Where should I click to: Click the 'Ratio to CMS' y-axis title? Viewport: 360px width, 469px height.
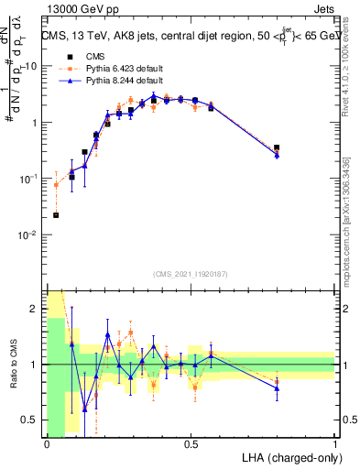13,365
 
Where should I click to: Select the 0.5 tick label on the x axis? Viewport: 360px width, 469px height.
191,443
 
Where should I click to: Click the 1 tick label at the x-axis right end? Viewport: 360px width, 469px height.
334,443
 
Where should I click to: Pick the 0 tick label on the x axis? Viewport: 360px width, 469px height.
47,443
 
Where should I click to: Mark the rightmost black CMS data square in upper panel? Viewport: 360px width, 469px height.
277,147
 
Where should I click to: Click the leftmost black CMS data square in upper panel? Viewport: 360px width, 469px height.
56,215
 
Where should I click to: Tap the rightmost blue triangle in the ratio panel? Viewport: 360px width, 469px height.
277,388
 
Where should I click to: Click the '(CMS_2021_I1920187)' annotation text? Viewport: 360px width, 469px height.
190,275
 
